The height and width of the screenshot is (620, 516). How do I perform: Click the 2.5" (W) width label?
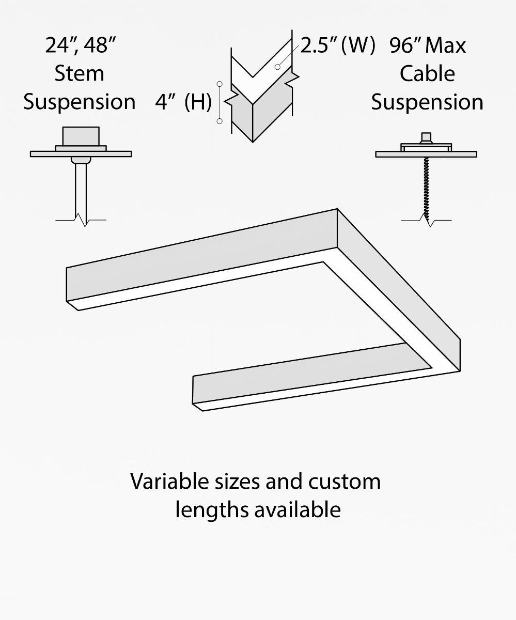click(x=337, y=45)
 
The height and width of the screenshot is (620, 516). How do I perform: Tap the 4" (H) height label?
click(x=183, y=102)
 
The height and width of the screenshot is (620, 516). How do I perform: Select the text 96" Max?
click(x=427, y=45)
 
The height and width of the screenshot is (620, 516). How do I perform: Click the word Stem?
click(x=79, y=73)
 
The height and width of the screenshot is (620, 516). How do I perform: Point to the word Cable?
click(x=427, y=73)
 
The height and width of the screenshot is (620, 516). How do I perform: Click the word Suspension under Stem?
click(x=79, y=102)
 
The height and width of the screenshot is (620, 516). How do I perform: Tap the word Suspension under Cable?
click(x=427, y=102)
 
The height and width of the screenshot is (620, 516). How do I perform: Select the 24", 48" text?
click(x=79, y=45)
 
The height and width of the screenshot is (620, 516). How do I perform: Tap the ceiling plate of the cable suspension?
click(x=426, y=154)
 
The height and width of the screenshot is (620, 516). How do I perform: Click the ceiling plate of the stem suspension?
click(x=81, y=153)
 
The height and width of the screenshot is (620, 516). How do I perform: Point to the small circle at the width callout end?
click(x=277, y=67)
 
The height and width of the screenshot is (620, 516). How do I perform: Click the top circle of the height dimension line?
click(x=220, y=84)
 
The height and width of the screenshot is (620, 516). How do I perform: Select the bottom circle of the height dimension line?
click(x=220, y=121)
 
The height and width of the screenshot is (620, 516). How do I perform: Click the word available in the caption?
click(x=298, y=509)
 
